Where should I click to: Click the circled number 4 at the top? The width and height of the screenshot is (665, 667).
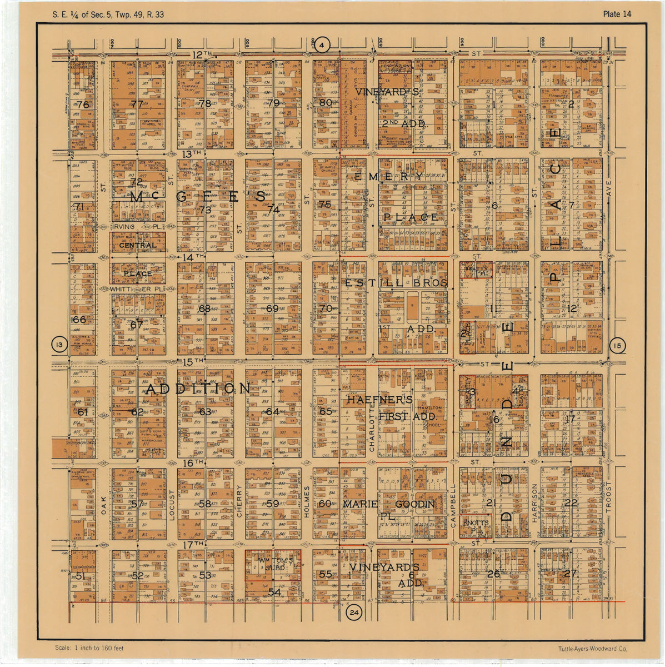(x=324, y=44)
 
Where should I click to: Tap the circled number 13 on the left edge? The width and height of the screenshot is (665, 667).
(x=59, y=345)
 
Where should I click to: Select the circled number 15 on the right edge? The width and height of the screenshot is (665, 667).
(x=617, y=346)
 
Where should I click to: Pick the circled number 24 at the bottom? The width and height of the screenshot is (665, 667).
(x=353, y=613)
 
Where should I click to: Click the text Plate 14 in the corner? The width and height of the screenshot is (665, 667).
(x=617, y=14)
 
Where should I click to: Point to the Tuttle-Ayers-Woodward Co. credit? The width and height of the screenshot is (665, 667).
(x=593, y=649)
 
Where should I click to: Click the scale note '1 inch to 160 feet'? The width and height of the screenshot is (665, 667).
(x=89, y=648)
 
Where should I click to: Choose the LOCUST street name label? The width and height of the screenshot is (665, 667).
(x=171, y=505)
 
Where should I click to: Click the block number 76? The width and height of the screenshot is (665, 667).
(x=83, y=104)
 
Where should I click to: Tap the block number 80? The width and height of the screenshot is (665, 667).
(x=326, y=102)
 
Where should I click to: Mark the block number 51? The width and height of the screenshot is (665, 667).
(x=81, y=576)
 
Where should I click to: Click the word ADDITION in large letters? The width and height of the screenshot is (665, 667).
(x=197, y=389)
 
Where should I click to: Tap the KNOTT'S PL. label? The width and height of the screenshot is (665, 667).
(x=476, y=527)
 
